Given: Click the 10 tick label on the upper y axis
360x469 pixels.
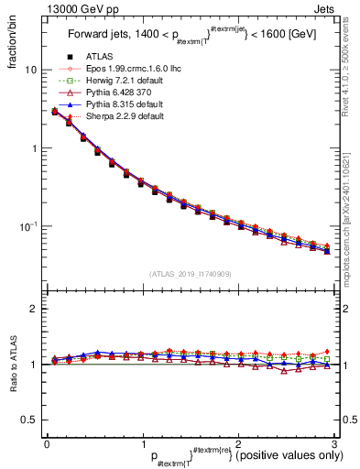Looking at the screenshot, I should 30,71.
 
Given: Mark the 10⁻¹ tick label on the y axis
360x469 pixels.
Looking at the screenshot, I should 27,225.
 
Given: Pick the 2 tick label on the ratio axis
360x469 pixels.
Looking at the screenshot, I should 32,309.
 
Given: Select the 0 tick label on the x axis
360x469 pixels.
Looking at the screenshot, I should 46,443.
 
